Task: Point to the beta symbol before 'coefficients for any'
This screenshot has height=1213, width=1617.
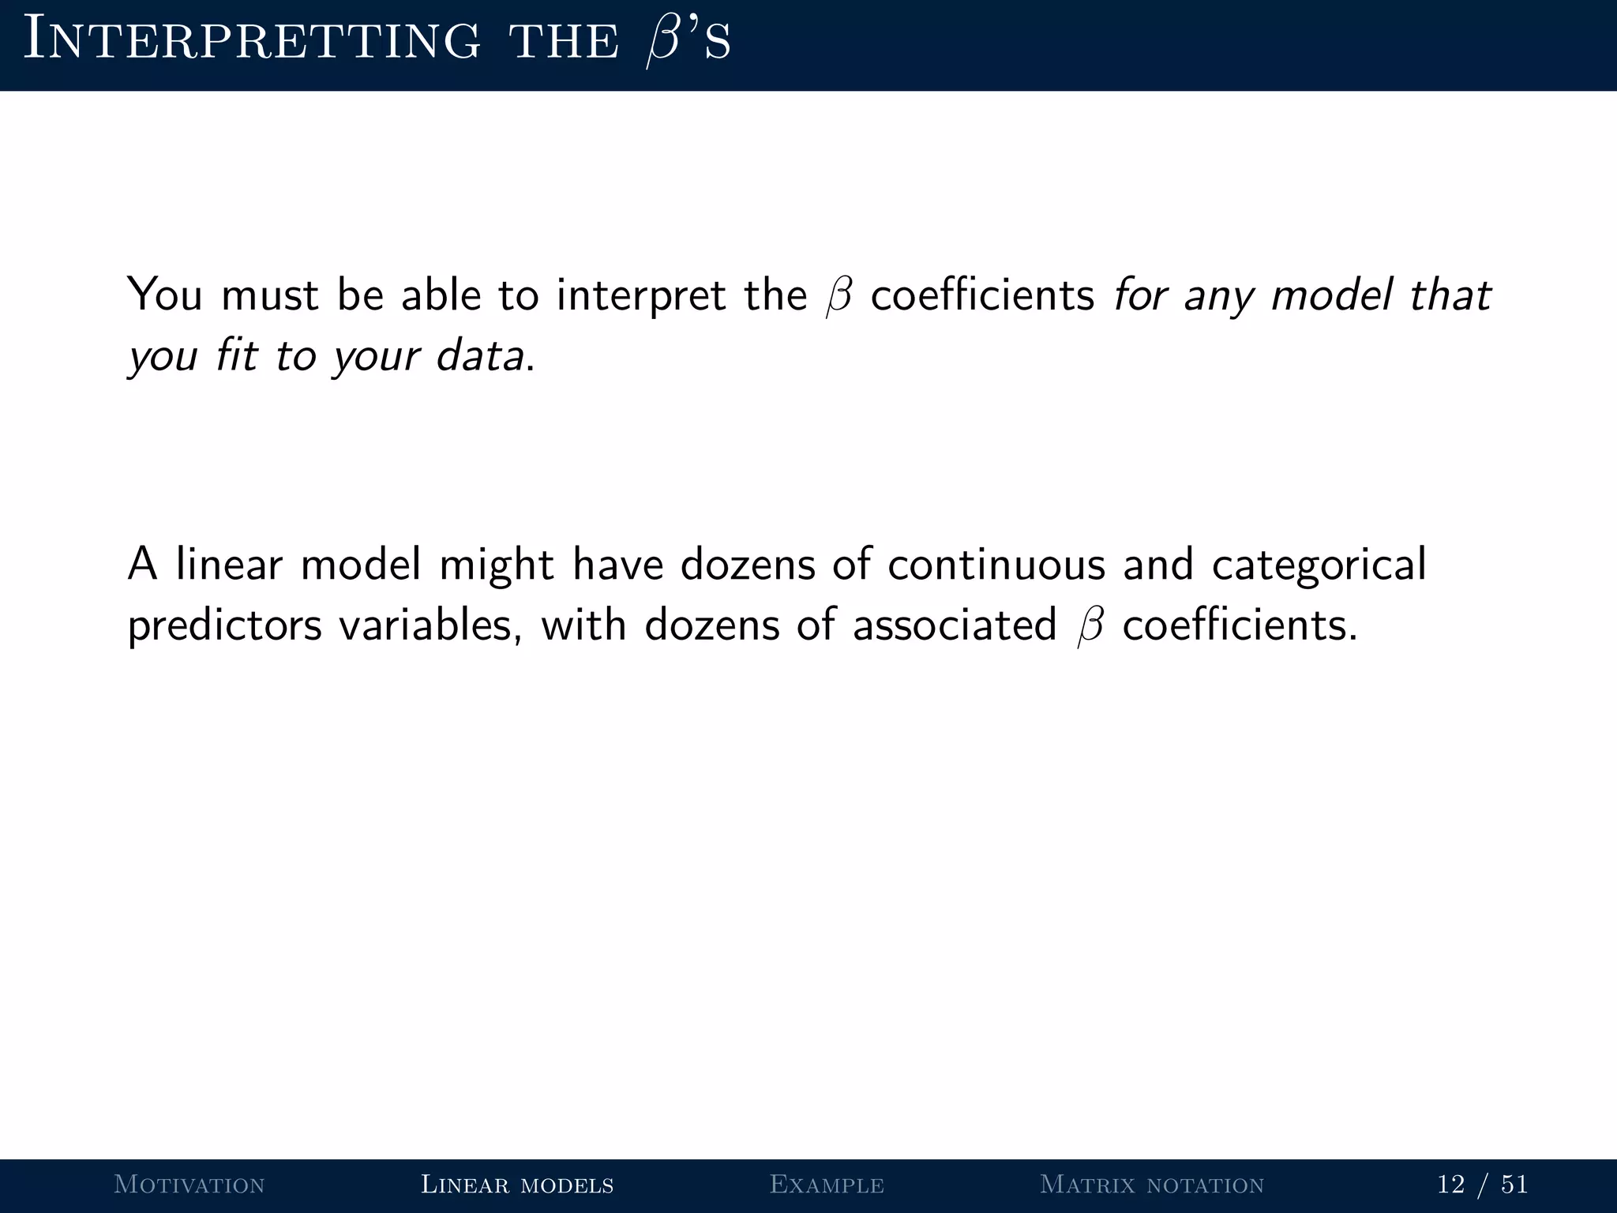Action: pos(839,297)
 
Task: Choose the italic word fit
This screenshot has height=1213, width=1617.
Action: pos(236,355)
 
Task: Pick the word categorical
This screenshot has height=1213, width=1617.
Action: pos(1319,565)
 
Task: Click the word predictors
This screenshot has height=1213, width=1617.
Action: pos(225,625)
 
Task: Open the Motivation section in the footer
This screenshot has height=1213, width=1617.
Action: pos(189,1185)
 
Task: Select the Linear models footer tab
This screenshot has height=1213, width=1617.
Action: pos(517,1185)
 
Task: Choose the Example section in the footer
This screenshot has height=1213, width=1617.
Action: pos(827,1185)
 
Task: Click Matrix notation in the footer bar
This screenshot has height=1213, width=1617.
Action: pos(1152,1185)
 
